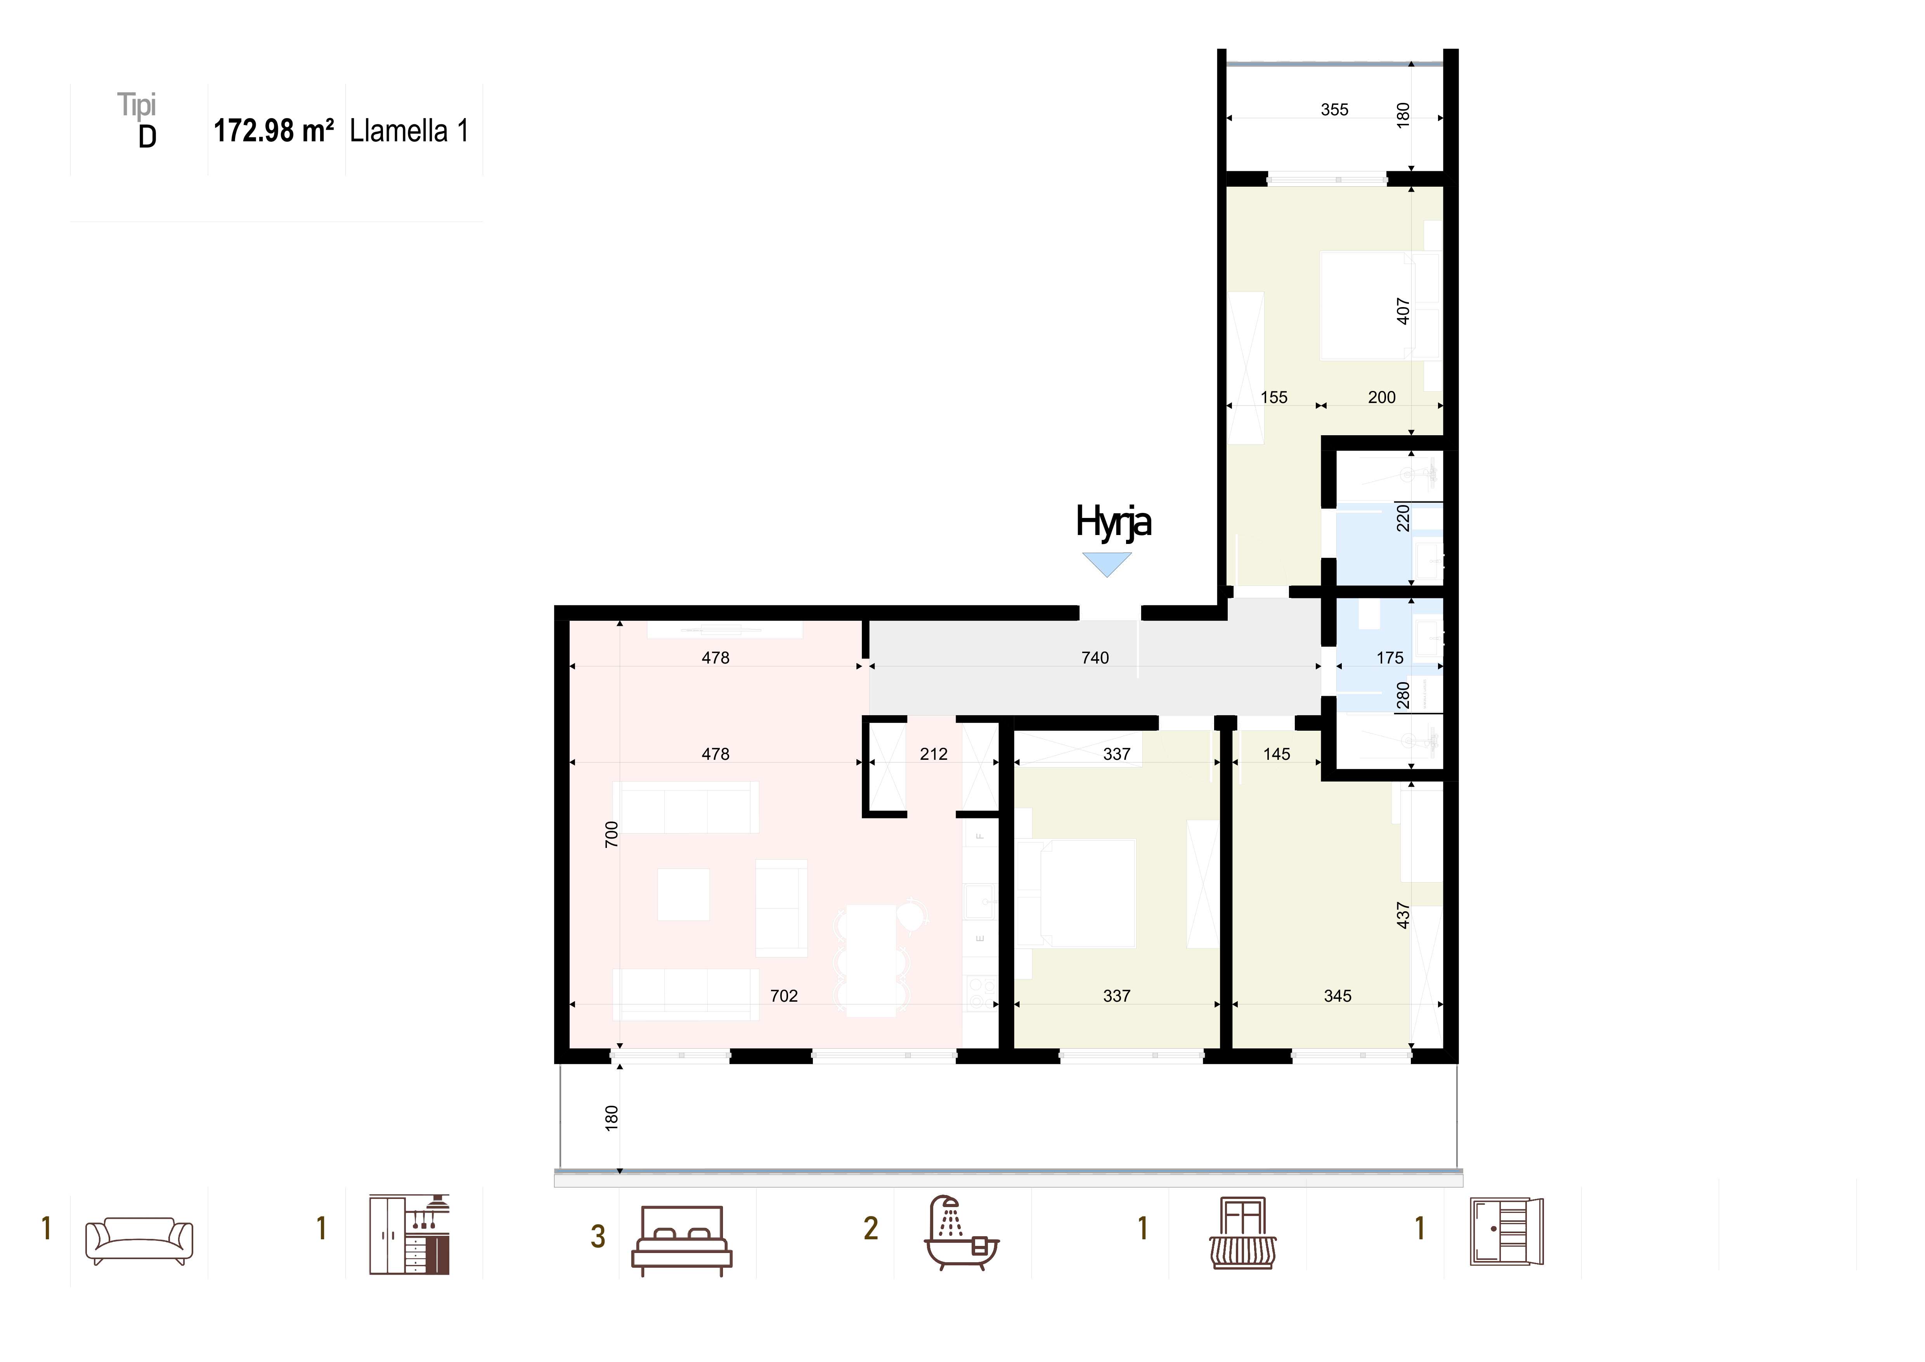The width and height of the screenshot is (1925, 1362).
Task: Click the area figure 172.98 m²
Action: pyautogui.click(x=274, y=131)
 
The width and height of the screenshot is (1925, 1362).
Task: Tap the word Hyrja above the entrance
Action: pyautogui.click(x=1113, y=522)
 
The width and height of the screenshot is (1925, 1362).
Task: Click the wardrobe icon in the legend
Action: pyautogui.click(x=1507, y=1232)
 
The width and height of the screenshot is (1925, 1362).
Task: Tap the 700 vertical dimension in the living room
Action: pyautogui.click(x=611, y=834)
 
